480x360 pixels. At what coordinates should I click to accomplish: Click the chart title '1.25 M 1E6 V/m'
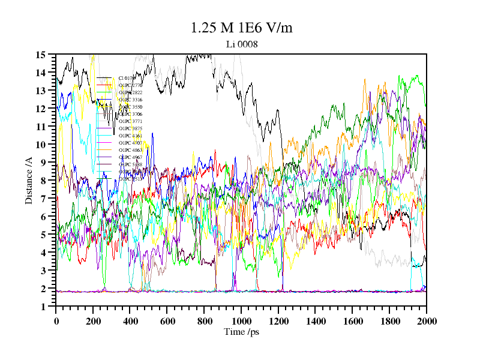click(241, 28)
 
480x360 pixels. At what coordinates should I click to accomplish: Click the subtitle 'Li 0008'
click(241, 44)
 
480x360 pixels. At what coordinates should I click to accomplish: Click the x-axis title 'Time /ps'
click(241, 332)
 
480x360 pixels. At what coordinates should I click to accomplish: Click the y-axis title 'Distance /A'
click(28, 179)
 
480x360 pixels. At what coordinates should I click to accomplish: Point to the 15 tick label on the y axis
click(41, 55)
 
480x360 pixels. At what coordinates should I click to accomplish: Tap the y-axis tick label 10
click(41, 145)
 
